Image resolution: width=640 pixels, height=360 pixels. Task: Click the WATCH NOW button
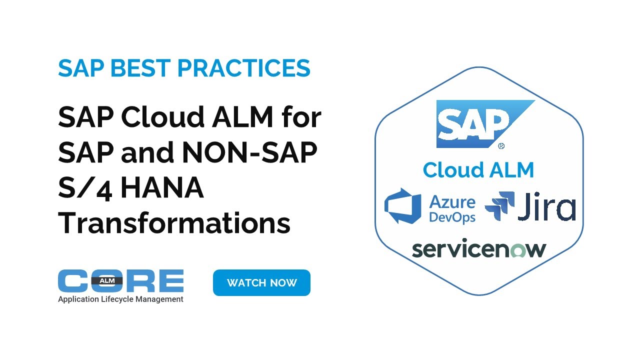tap(261, 283)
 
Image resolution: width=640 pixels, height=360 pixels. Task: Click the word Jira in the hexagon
tap(546, 207)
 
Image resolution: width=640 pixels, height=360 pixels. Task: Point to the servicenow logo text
tap(479, 249)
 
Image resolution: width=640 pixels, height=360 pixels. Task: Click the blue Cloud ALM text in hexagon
tap(478, 170)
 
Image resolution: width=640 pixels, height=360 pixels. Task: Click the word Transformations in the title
tap(174, 223)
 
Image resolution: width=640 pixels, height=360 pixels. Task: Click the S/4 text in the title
tap(86, 187)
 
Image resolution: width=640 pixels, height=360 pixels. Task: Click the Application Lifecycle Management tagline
tap(120, 299)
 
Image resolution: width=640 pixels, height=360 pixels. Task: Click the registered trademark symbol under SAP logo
tap(501, 146)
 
